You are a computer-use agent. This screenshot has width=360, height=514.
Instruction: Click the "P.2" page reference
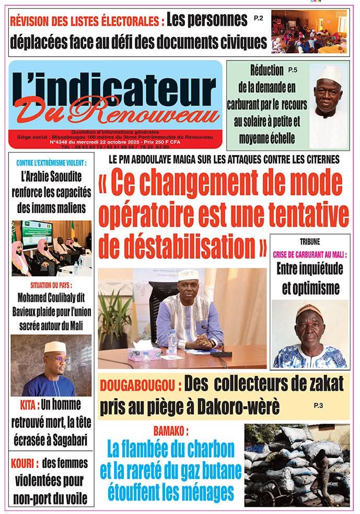(x=258, y=18)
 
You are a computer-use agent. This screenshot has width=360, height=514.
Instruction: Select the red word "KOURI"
(x=25, y=463)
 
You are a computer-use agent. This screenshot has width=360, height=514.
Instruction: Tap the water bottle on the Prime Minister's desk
(x=172, y=342)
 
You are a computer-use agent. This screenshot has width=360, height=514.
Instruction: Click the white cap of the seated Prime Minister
(x=188, y=275)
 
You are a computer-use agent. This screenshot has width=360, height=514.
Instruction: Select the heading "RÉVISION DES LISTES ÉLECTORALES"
(x=87, y=22)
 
